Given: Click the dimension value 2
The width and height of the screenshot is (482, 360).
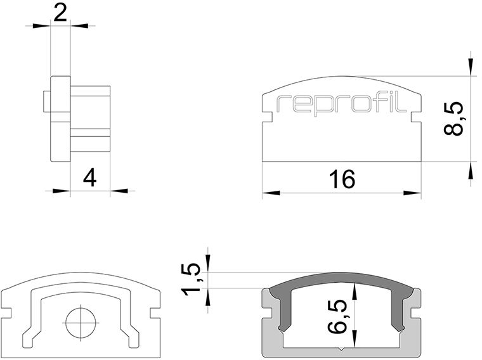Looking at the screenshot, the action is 60,13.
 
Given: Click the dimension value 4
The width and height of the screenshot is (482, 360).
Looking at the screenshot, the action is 90,177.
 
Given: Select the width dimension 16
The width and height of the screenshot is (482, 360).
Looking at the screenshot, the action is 342,179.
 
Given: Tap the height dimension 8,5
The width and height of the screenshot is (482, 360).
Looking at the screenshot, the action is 453,119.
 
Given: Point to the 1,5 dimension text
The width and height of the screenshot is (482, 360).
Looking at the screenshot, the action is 191,279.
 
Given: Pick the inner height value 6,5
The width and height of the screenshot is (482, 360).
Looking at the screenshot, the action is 337,316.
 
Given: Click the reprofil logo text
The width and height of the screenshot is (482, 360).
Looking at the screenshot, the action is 341,104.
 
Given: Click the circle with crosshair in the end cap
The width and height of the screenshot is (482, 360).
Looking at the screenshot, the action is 81,323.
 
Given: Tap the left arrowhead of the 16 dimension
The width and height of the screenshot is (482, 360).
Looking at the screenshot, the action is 271,193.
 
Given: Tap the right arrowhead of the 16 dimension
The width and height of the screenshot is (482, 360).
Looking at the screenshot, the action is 412,193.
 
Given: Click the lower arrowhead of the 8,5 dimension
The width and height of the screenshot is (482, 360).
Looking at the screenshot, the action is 471,170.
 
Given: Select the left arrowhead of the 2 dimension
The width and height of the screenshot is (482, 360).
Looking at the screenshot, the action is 41,26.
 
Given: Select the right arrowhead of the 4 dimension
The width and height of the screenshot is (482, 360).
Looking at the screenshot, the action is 119,191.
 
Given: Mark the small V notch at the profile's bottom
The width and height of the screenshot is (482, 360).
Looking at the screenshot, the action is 341,349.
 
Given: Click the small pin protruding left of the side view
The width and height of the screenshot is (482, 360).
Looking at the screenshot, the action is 47,101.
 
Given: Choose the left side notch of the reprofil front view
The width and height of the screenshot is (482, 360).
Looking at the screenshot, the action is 267,118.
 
